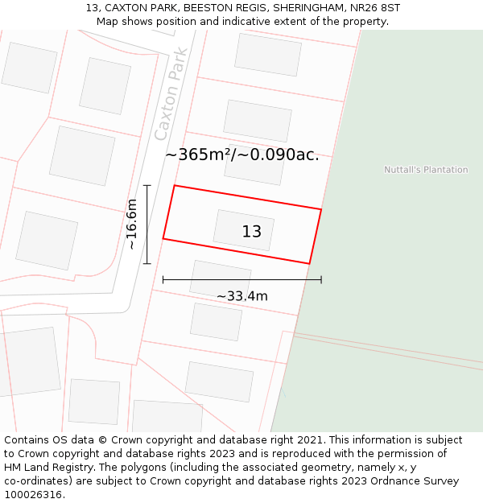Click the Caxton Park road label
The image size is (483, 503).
(x=171, y=94)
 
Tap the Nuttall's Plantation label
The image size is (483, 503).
(x=426, y=170)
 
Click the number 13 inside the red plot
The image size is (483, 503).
(x=252, y=232)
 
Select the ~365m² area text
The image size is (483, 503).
(x=199, y=155)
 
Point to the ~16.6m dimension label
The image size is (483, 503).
(x=132, y=225)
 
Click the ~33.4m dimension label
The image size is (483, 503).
(x=242, y=296)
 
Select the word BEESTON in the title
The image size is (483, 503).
(x=205, y=8)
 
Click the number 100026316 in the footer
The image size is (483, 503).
(x=33, y=495)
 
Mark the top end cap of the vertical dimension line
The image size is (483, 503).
(x=147, y=185)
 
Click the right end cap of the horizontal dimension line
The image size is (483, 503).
(x=321, y=279)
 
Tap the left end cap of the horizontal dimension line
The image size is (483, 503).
(x=163, y=279)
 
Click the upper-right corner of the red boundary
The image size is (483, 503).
(x=321, y=209)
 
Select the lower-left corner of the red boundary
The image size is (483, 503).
(x=163, y=239)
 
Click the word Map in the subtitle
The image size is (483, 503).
(x=108, y=21)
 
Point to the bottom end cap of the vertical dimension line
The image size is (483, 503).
(x=147, y=263)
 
